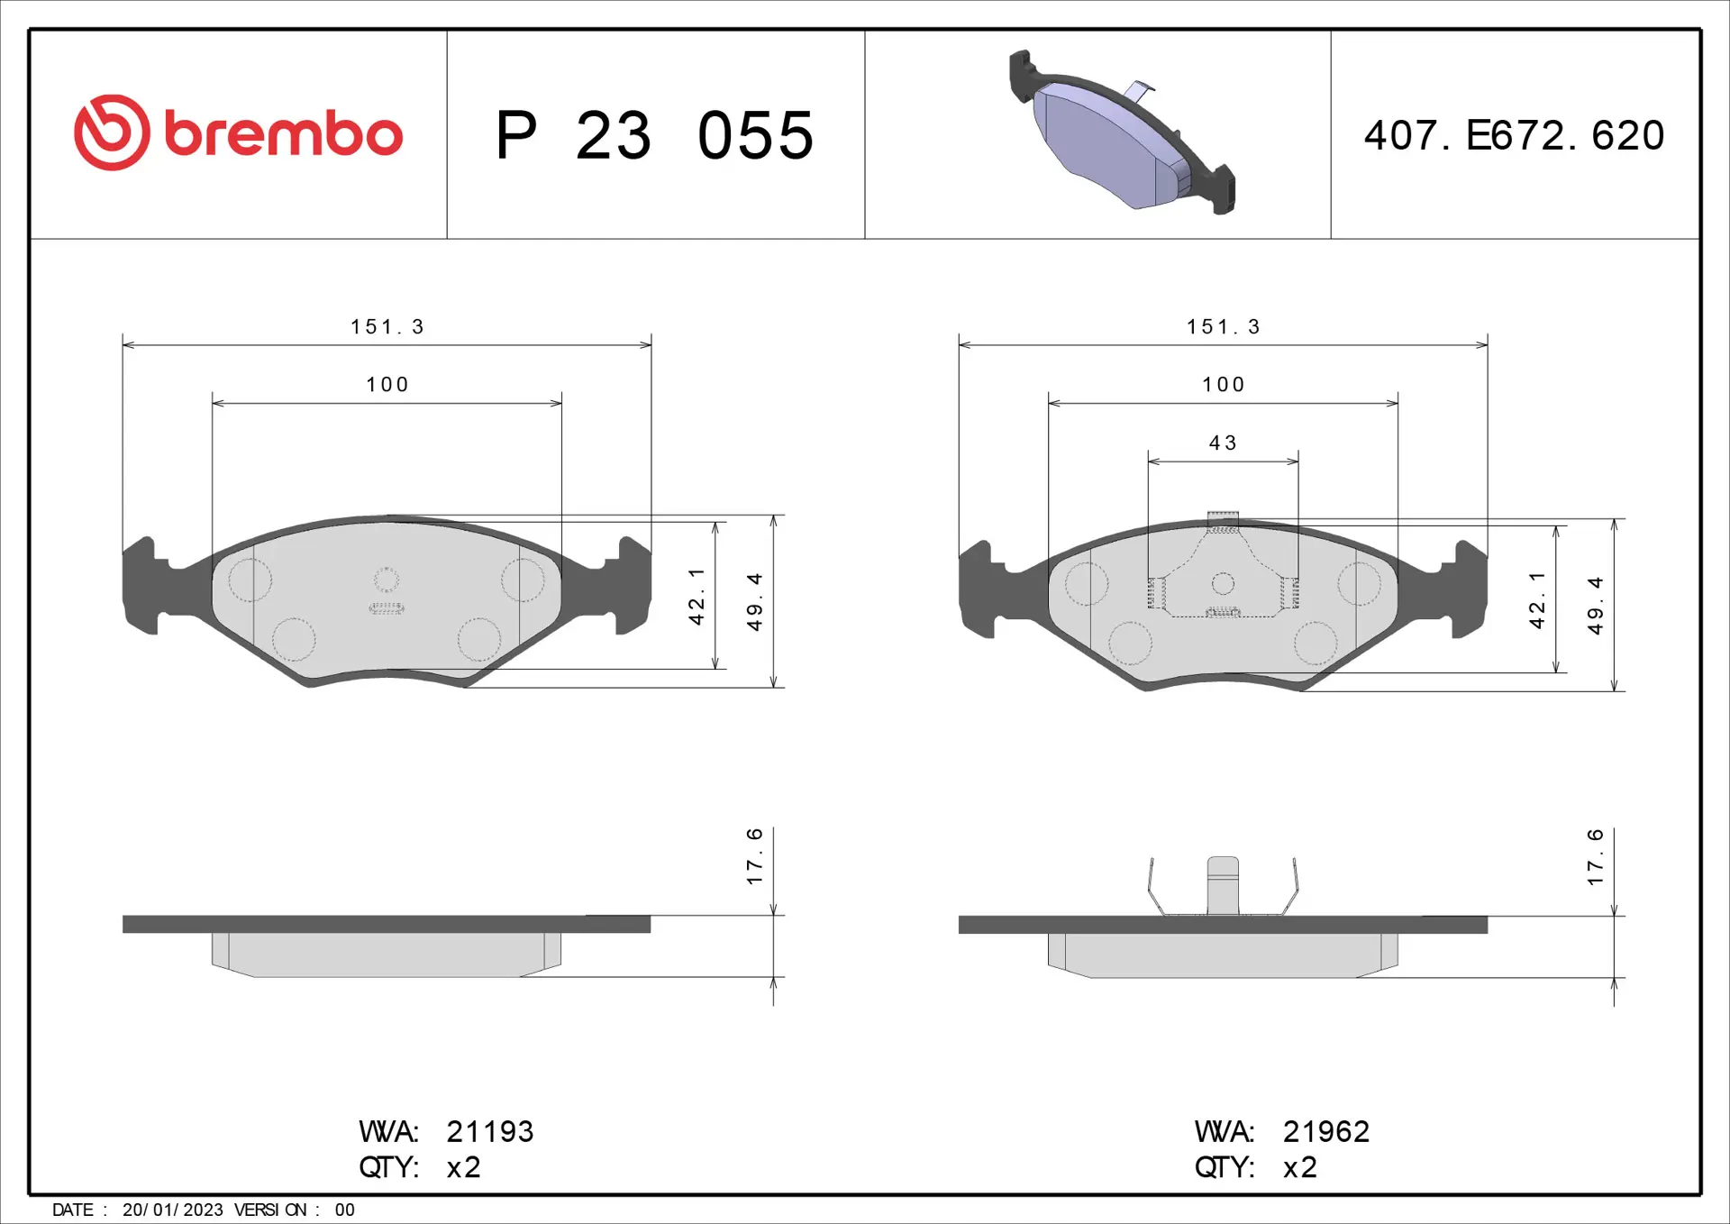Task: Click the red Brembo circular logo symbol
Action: tap(112, 132)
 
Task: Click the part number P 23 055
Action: tap(655, 136)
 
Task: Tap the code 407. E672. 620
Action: tap(1514, 135)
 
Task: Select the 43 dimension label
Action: tap(1223, 443)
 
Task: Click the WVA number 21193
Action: tap(490, 1131)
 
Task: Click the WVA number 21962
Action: tap(1326, 1131)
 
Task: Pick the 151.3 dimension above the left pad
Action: tap(387, 326)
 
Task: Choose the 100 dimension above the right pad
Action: tap(1224, 385)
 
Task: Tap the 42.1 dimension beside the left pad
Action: tap(697, 596)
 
